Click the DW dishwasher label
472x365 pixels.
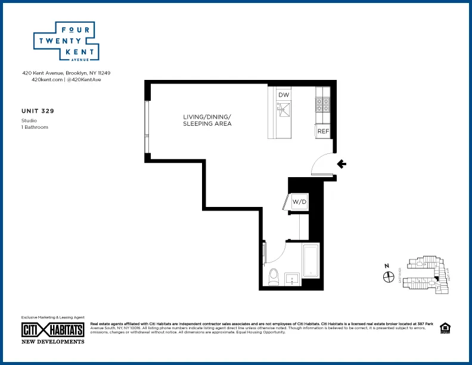[x=284, y=95]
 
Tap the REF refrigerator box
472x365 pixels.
[x=323, y=131]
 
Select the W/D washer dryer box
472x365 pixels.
[x=299, y=202]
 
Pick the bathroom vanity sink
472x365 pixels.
[x=293, y=279]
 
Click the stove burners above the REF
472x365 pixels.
[x=323, y=106]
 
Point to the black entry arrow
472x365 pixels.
[x=341, y=164]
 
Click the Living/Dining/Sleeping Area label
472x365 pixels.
[x=207, y=120]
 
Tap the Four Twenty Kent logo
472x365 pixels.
[x=65, y=42]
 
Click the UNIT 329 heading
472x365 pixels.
[x=38, y=111]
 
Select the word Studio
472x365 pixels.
[x=29, y=120]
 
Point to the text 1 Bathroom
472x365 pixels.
[x=35, y=127]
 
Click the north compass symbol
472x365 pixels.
[x=387, y=276]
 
